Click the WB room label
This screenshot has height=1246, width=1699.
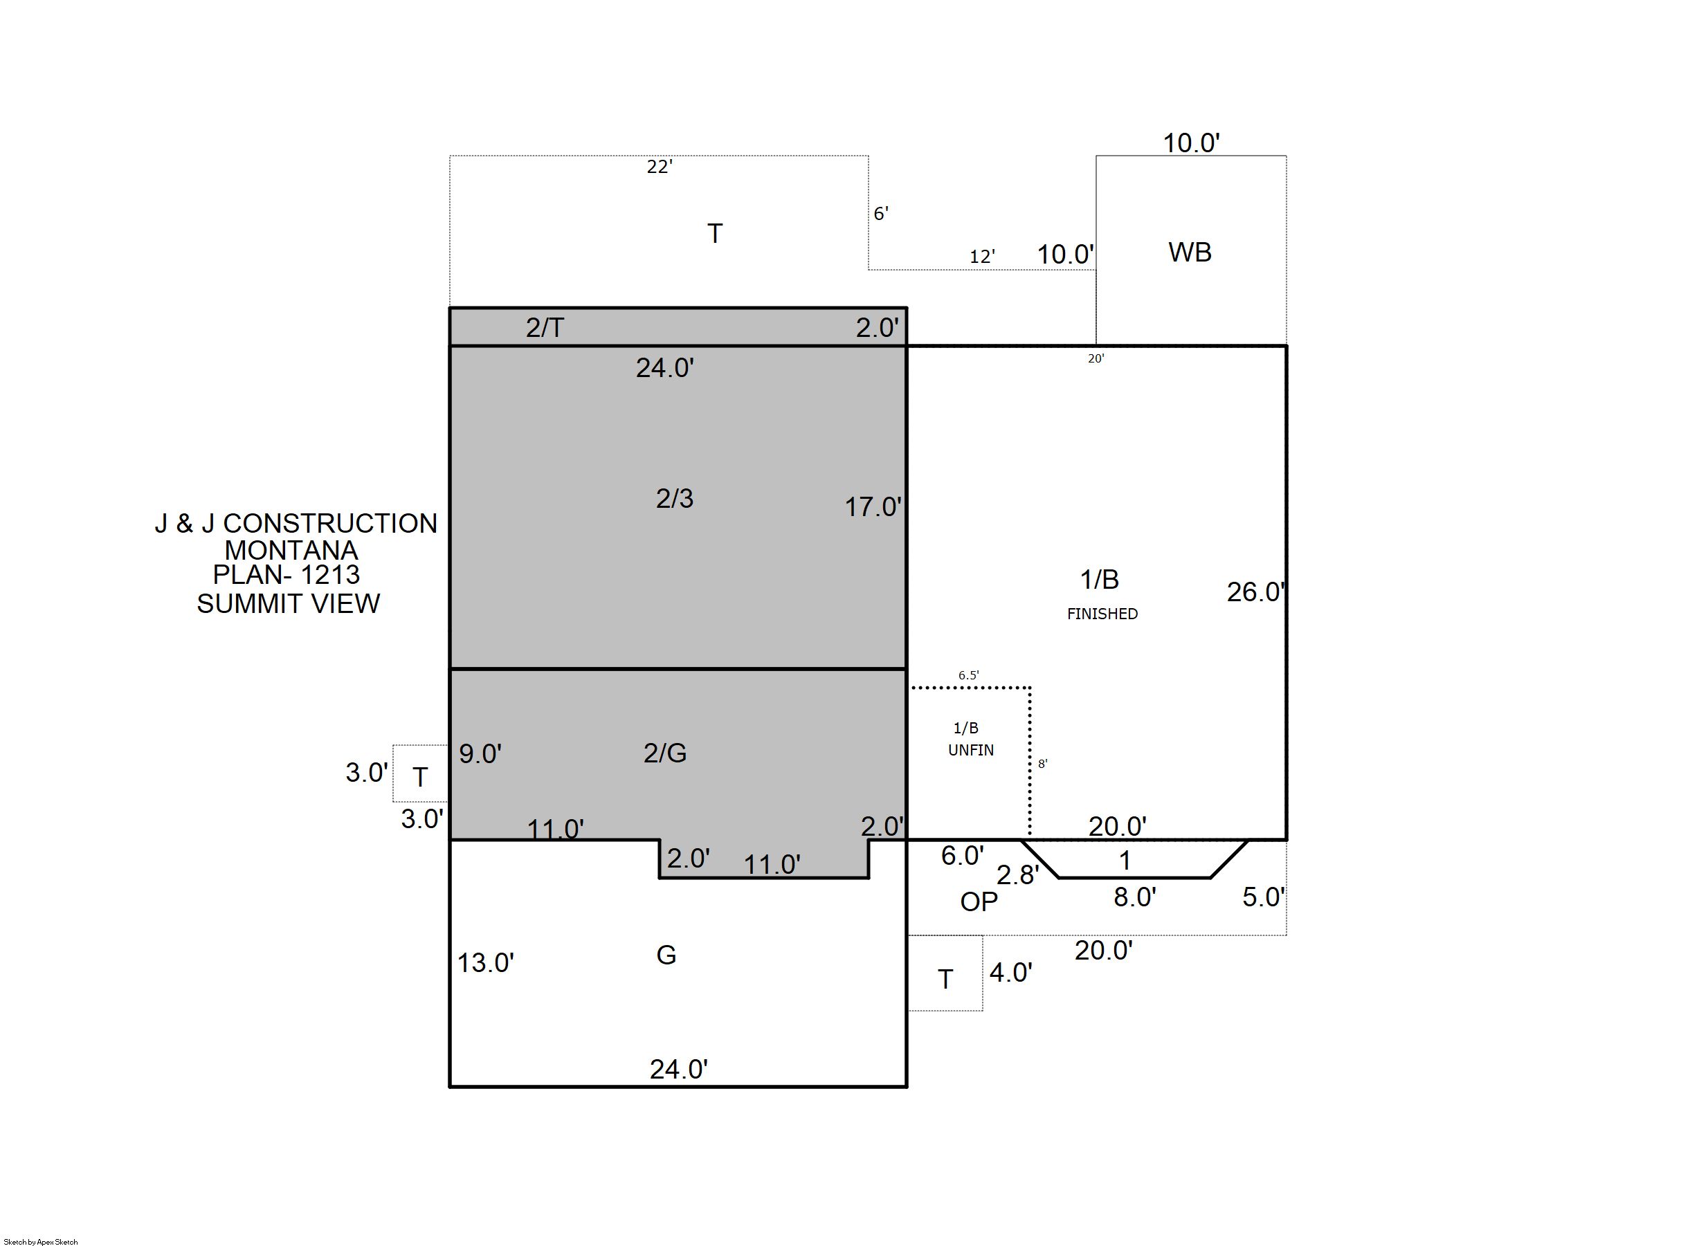pos(1190,252)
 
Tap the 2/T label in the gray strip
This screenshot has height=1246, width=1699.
pos(545,327)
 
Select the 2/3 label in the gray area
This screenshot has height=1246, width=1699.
pos(675,499)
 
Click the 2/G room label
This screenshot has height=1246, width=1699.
pos(664,753)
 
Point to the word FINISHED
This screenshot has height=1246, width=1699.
pos(1102,614)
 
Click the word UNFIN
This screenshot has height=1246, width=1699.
pos(971,751)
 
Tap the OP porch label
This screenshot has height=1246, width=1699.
pos(979,902)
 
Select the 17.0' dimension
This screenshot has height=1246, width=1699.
pos(873,507)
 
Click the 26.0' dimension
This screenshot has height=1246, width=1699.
pos(1255,592)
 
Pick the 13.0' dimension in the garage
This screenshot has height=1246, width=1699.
pos(486,963)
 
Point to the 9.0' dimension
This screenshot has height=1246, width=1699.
pos(480,753)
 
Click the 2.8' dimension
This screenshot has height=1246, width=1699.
pos(1018,875)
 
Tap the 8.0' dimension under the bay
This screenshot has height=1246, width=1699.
pos(1135,897)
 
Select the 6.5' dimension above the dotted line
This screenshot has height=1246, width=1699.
pos(969,675)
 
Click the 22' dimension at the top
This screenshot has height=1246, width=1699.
pos(660,167)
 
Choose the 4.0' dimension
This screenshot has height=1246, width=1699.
pos(1011,973)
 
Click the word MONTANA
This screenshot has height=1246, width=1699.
pos(291,550)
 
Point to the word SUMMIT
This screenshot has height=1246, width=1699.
pos(246,603)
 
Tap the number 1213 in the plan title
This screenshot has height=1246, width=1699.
pos(330,575)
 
